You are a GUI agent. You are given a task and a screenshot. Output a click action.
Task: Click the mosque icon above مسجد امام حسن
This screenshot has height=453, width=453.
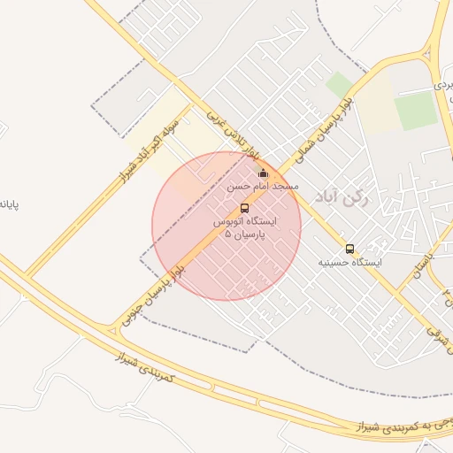pyautogui.click(x=262, y=173)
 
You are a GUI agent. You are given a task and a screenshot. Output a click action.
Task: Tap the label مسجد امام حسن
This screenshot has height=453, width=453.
pyautogui.click(x=263, y=187)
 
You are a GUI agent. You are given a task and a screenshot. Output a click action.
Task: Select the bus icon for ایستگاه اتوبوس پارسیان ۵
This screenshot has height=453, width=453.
pyautogui.click(x=244, y=208)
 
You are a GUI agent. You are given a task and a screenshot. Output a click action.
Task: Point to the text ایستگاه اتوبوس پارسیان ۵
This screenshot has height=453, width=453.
pyautogui.click(x=244, y=226)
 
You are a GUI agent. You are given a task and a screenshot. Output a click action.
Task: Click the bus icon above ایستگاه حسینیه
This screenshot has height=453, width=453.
pyautogui.click(x=350, y=250)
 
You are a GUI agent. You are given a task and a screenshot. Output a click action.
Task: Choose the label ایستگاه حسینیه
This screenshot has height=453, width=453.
pyautogui.click(x=350, y=263)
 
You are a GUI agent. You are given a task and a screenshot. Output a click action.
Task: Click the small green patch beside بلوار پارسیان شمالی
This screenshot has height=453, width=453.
pyautogui.click(x=339, y=85)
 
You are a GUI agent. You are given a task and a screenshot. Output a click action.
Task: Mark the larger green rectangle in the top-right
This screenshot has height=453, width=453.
pyautogui.click(x=416, y=111)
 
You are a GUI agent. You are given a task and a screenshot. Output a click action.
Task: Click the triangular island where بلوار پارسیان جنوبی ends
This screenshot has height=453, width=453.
pyautogui.click(x=112, y=331)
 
